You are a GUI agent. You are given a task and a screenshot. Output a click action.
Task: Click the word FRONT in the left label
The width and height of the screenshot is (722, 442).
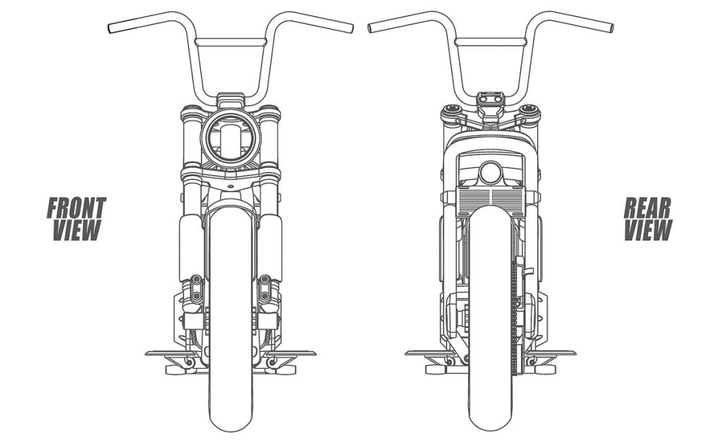[x=76, y=208]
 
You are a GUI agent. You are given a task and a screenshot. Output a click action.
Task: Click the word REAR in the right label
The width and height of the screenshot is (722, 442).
[x=648, y=208]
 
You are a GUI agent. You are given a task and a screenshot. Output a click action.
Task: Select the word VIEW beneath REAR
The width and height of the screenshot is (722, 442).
[x=647, y=230]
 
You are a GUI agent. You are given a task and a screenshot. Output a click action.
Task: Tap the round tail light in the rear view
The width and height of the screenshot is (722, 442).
[x=490, y=173]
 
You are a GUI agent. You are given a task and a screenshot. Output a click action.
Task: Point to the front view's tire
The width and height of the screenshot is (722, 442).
[x=231, y=395]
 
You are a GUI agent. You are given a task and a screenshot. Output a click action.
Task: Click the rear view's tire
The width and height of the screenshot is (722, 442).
[x=490, y=395]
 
